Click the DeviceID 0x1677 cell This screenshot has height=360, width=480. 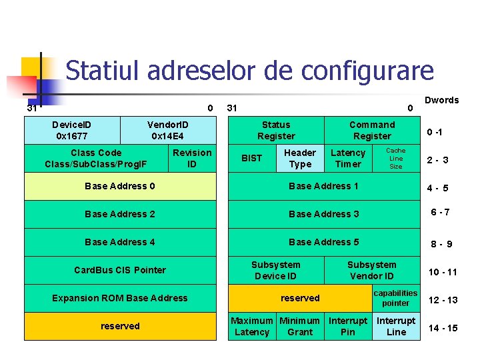(x=73, y=130)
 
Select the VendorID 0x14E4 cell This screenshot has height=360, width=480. (x=168, y=130)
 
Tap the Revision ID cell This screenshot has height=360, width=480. (x=191, y=158)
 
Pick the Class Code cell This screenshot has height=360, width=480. (x=96, y=158)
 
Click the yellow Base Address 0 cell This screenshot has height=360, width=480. (x=120, y=186)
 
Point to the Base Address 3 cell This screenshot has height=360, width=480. (x=324, y=214)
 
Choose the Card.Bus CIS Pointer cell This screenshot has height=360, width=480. (x=120, y=270)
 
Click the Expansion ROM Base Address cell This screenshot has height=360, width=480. (x=120, y=298)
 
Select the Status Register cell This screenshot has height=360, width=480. (x=276, y=130)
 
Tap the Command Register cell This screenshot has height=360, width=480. (x=372, y=130)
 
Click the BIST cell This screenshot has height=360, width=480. (x=251, y=158)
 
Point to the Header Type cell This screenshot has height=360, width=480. (x=300, y=158)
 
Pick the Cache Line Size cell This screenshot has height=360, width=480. (x=396, y=158)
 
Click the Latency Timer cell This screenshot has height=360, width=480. (x=348, y=158)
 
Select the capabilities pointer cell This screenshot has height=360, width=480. (x=395, y=298)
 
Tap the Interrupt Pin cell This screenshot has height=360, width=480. (x=348, y=326)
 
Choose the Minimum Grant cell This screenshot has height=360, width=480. (x=300, y=326)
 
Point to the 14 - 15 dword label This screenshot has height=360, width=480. (x=443, y=328)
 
